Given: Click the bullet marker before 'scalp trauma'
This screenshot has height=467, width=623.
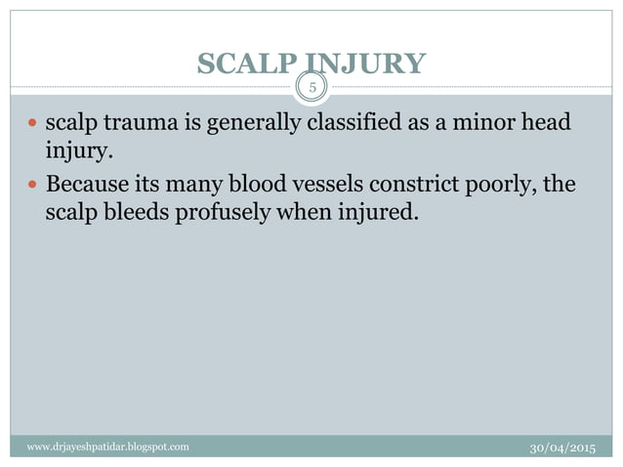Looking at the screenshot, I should point(33,125).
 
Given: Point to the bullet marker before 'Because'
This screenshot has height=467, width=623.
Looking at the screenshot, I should point(33,184).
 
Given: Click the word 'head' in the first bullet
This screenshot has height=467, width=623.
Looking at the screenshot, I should point(548,125).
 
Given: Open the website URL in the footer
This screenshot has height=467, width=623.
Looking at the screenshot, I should point(108,446).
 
